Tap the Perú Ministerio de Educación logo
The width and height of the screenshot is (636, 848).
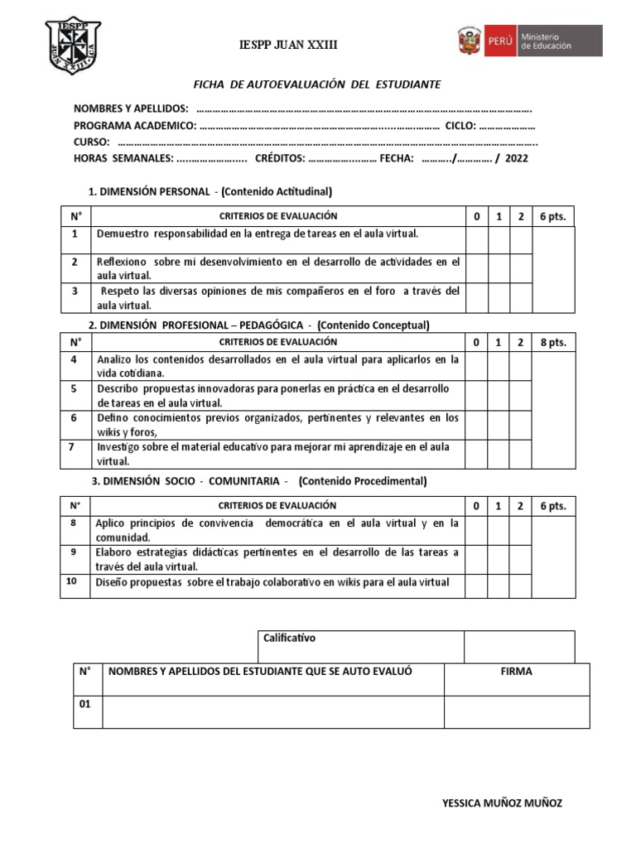528,41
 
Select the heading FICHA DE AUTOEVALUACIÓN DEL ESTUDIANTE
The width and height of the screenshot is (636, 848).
317,84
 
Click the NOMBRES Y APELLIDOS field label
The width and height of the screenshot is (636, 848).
131,109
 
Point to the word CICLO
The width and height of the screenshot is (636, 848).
460,126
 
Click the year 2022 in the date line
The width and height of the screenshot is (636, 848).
515,158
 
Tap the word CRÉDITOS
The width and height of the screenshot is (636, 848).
280,158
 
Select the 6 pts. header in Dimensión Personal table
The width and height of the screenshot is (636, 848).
552,217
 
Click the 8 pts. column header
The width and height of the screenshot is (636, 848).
552,343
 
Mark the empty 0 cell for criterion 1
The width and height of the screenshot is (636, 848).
476,239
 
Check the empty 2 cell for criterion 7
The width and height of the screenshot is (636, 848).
520,454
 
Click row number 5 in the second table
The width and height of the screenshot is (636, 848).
75,388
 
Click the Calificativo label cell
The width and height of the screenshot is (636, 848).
289,638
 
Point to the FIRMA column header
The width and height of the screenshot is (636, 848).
517,672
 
